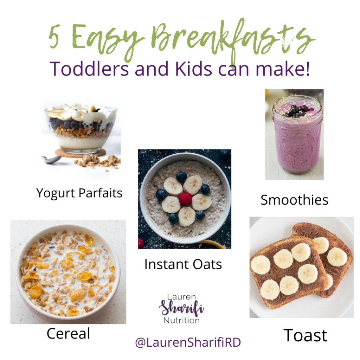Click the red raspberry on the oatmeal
[185, 199]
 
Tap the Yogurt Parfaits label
[79, 193]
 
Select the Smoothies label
[294, 200]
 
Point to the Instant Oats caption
[183, 264]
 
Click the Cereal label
[68, 333]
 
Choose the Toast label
[305, 335]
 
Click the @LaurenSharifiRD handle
[188, 342]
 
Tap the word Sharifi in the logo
[181, 308]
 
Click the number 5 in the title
[54, 36]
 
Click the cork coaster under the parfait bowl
[81, 153]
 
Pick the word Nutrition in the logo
[181, 321]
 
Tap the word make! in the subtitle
[283, 69]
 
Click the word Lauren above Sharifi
[181, 297]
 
